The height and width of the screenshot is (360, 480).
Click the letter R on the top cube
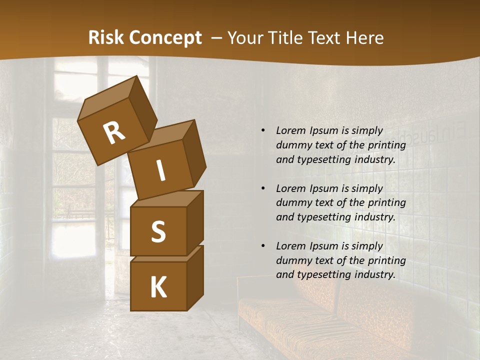(x=114, y=132)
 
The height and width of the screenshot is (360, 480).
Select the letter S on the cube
(x=158, y=232)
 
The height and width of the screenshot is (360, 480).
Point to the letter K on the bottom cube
(x=158, y=287)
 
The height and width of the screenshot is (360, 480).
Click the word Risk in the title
(x=105, y=38)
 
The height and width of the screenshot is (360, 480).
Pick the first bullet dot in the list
(x=263, y=131)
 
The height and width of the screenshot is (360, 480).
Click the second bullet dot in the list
(x=263, y=189)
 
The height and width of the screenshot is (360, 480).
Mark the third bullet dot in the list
(x=263, y=246)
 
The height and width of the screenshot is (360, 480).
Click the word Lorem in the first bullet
(x=290, y=131)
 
